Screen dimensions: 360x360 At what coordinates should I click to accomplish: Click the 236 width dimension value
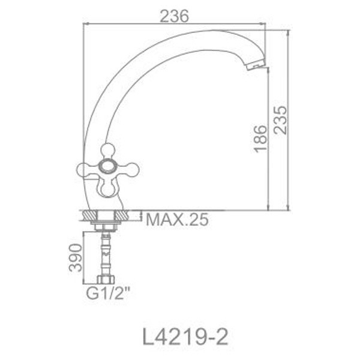175,17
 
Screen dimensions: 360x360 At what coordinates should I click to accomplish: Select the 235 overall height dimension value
280,124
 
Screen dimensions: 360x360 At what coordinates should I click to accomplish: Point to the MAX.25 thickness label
177,220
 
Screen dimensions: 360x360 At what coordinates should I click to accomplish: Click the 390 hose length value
75,257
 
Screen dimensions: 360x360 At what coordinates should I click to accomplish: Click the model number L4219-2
179,333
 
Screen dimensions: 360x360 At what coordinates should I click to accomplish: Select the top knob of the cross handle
108,150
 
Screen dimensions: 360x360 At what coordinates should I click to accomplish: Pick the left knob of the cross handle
85,169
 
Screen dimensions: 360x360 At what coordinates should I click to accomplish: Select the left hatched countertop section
89,215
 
